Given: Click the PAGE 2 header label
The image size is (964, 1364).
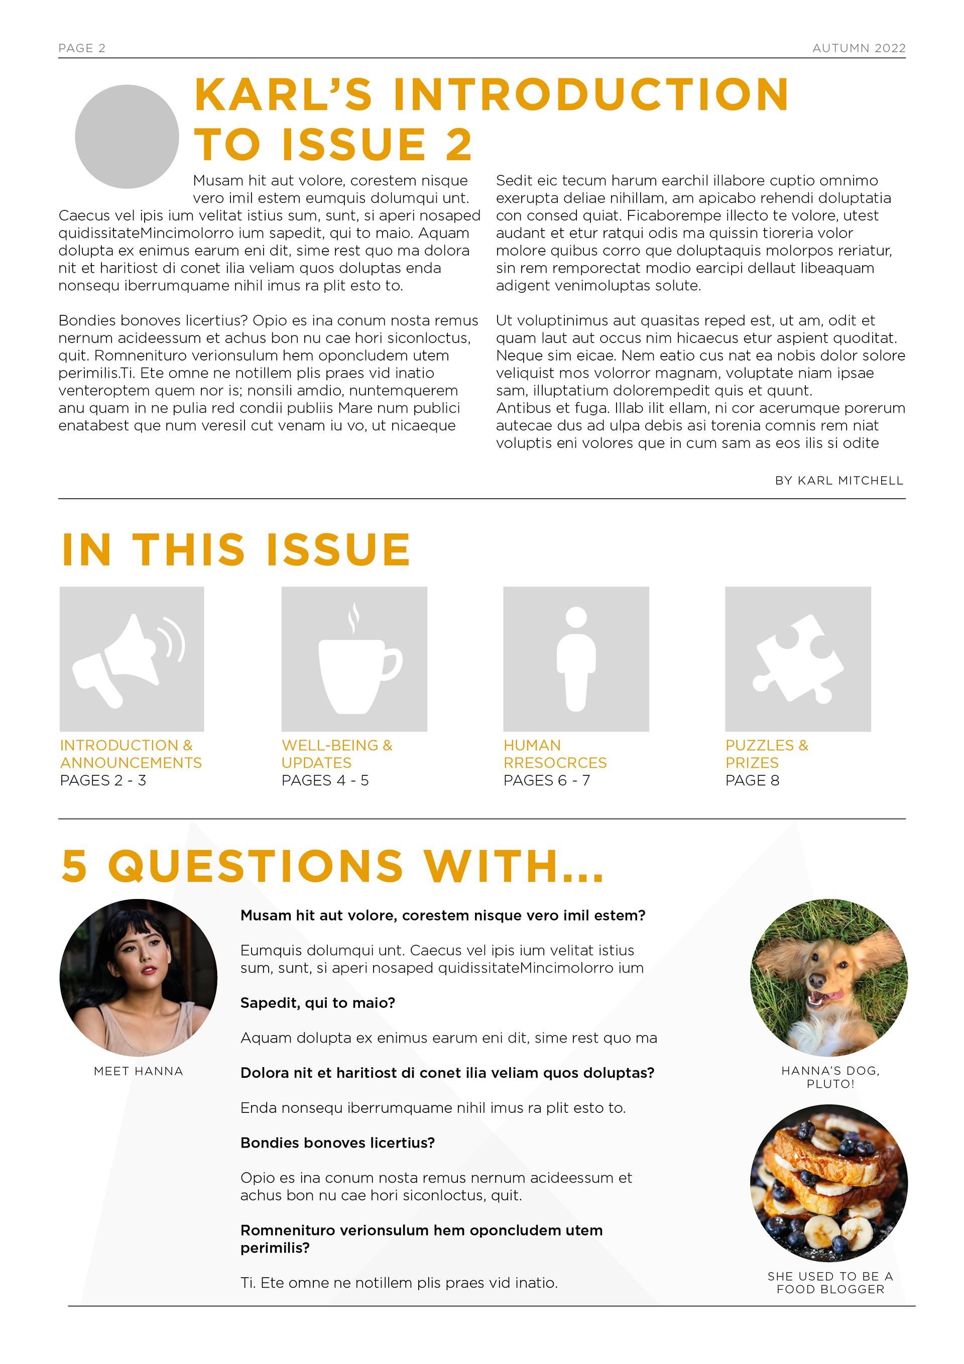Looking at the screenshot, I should point(81,48).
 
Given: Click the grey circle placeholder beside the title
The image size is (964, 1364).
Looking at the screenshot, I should point(127,137).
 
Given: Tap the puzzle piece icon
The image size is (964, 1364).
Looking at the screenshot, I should point(798,659).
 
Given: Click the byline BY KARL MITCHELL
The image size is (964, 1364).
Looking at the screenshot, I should point(838,481).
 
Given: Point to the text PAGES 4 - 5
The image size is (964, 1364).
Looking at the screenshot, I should point(325,780).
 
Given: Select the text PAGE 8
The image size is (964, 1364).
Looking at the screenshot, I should point(752,780).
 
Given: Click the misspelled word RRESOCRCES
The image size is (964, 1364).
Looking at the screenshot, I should point(555,763).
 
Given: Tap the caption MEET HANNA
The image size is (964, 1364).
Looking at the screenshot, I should point(139,1071).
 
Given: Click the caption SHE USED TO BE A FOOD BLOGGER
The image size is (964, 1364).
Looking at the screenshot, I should point(830,1283).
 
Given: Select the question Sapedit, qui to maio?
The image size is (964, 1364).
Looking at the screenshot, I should point(317,1003).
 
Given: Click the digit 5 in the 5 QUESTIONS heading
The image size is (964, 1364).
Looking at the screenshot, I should point(75,866).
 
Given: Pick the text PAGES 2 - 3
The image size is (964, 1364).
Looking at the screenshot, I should point(103,780).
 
